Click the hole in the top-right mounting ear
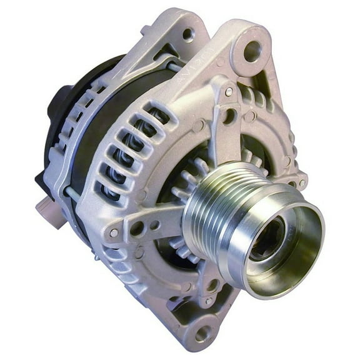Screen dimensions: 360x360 (252, 51)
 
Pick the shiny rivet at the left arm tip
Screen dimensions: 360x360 (114, 232)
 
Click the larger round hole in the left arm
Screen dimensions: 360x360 (136, 228)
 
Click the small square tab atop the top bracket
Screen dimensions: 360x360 (144, 29)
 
